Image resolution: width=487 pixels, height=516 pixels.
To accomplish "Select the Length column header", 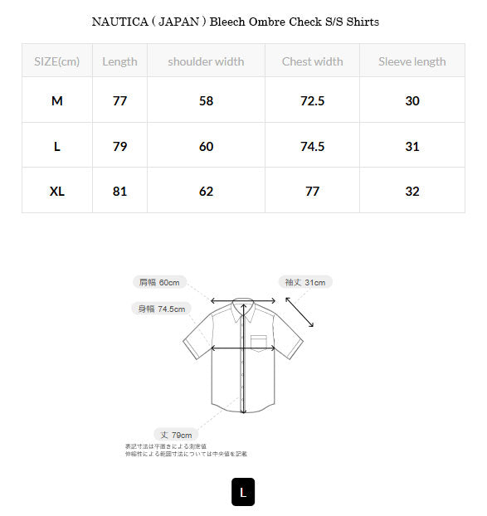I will tap(119, 61).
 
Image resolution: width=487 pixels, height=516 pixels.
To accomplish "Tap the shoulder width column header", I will tap(206, 61).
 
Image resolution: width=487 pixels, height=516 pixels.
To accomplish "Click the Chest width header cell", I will tap(312, 61).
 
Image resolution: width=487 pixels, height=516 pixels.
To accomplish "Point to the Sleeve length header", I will tap(412, 61).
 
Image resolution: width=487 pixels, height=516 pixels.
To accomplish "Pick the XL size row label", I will tap(56, 191).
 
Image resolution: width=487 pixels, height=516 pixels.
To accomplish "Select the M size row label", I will tap(56, 101).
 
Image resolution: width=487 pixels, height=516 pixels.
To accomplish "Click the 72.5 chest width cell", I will tap(312, 101).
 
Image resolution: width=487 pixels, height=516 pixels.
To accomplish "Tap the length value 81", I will tap(119, 191).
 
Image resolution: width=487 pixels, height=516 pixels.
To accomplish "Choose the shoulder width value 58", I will tap(206, 101).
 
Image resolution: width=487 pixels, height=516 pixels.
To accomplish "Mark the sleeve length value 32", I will tap(412, 191).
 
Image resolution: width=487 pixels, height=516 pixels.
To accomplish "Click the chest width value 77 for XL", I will tap(312, 191).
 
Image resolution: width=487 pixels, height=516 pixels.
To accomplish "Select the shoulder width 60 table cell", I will tap(206, 146).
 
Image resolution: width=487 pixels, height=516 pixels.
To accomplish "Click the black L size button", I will tap(243, 492).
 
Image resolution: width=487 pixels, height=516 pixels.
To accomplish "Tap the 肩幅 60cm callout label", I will tap(159, 282).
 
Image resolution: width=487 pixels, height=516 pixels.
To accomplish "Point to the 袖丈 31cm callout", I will tap(304, 282).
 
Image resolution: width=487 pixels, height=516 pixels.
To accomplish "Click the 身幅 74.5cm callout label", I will tap(162, 309).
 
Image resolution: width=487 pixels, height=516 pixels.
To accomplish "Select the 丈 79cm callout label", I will tap(176, 435).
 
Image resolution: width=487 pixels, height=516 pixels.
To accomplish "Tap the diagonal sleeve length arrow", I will tap(300, 313).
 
